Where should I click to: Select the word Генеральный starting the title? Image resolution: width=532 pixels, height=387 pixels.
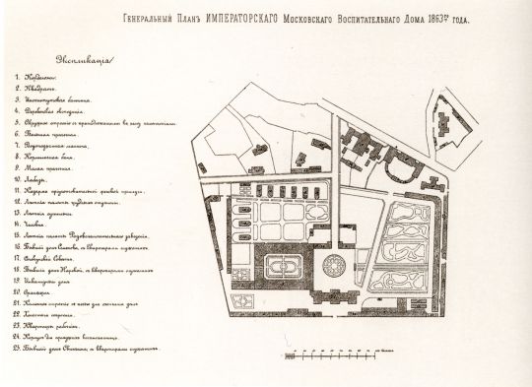pyautogui.click(x=145, y=19)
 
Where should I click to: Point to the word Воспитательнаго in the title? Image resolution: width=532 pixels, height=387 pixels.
pyautogui.click(x=364, y=19)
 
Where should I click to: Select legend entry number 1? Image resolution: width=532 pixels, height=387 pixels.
pyautogui.click(x=44, y=76)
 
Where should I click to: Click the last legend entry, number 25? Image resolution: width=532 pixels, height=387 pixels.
pyautogui.click(x=94, y=349)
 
